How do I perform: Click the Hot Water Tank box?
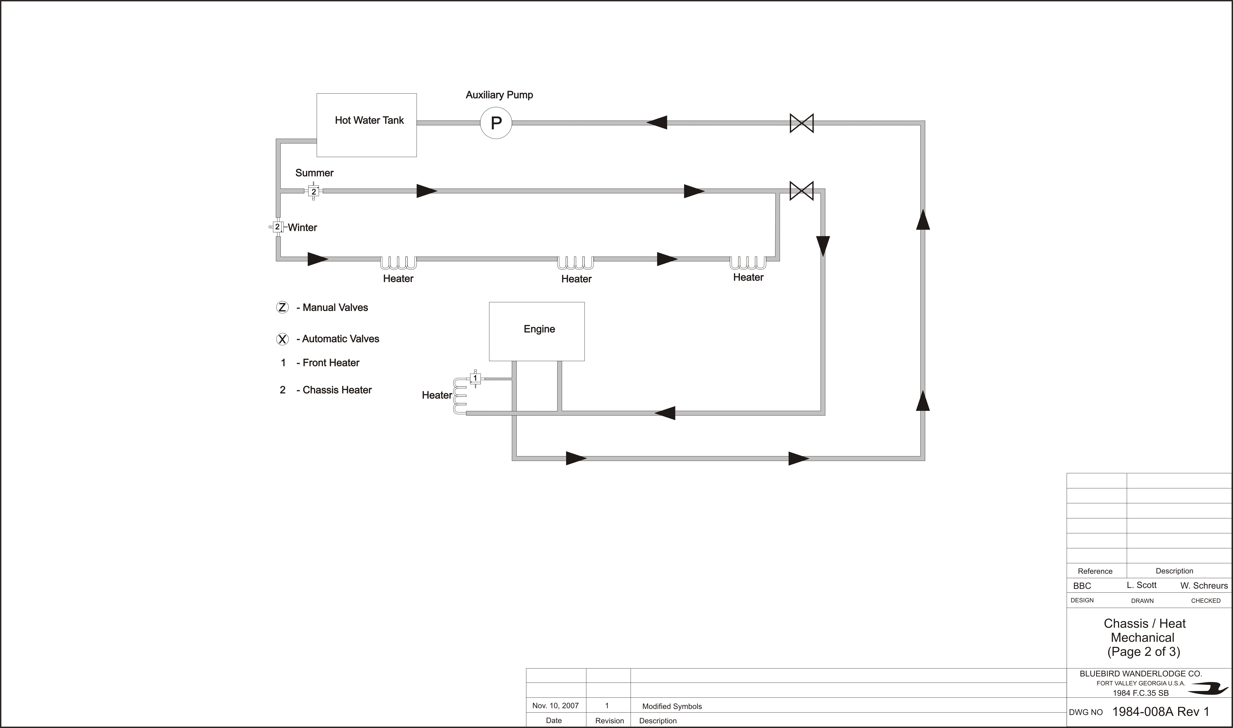367,125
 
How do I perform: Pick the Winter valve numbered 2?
277,227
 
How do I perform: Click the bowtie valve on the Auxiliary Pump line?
802,123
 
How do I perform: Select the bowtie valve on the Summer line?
802,191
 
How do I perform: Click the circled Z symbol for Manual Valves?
282,308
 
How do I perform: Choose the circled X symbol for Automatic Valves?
282,339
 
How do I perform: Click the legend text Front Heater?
331,363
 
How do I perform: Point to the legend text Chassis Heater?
337,390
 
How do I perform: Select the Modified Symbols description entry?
672,706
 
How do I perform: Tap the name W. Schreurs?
1204,586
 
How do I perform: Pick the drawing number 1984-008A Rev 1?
1160,712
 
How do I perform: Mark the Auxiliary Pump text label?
499,95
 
